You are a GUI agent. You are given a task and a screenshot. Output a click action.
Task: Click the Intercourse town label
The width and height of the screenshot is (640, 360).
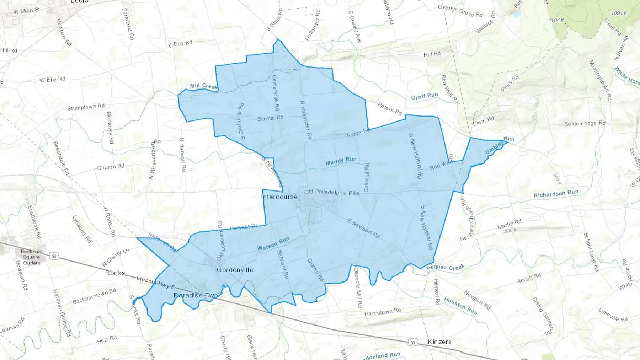click(279, 197)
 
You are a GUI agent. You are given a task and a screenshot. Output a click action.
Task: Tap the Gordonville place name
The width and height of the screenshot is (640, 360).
click(235, 270)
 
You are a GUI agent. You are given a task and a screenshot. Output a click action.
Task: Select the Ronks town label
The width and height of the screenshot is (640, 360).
click(115, 273)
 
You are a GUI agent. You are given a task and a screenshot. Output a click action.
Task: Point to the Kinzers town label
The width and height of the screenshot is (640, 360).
click(439, 342)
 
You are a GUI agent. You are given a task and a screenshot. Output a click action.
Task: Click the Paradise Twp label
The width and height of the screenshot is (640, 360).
click(196, 295)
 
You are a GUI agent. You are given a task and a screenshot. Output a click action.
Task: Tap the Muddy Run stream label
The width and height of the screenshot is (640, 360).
click(341, 161)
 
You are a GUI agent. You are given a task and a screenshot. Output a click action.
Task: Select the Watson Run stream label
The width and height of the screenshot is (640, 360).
click(273, 244)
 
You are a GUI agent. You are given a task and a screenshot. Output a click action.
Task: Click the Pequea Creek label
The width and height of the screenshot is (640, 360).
click(445, 267)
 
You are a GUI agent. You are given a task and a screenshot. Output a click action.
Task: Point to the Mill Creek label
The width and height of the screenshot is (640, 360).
click(203, 86)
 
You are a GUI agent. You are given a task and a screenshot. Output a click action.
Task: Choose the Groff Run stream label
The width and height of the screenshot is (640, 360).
click(424, 96)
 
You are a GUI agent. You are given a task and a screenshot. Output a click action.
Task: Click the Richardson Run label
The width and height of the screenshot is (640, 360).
click(556, 194)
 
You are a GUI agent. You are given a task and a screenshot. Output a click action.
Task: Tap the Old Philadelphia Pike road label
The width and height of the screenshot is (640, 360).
click(332, 192)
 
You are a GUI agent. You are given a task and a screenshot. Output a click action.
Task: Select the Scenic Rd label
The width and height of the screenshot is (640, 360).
click(270, 118)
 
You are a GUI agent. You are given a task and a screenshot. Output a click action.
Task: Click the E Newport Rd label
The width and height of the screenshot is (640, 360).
click(363, 229)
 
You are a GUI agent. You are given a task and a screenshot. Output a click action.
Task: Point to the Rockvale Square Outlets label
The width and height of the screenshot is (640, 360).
click(32, 257)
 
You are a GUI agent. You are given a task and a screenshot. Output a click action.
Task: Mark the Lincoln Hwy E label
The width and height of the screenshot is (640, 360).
click(156, 283)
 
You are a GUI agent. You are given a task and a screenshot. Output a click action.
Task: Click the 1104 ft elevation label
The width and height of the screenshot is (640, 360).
click(556, 20)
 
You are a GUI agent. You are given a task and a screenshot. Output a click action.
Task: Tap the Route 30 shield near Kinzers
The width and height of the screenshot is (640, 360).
click(412, 343)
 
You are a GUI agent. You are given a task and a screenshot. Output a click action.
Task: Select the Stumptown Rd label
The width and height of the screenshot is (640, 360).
click(86, 107)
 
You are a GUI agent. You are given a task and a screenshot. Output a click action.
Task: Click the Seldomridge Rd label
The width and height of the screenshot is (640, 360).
click(585, 123)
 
